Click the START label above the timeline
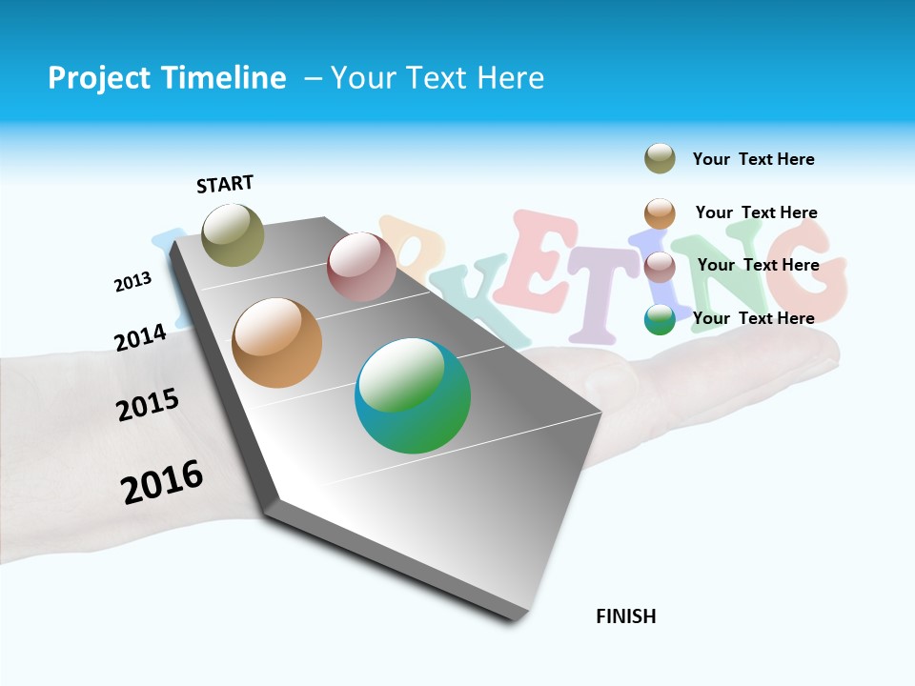(x=225, y=184)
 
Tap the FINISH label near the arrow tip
(x=625, y=616)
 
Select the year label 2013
(x=132, y=282)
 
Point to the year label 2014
(x=140, y=337)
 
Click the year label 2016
(x=162, y=482)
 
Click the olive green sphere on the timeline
(x=234, y=234)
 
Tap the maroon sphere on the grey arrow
(x=361, y=267)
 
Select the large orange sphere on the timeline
(x=277, y=343)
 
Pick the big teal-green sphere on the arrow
(x=413, y=395)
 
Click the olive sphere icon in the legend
(x=660, y=158)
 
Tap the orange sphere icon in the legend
(x=660, y=212)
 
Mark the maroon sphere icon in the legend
(x=660, y=266)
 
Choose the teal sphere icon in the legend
(x=660, y=319)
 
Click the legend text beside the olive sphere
(x=753, y=159)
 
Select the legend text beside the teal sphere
(x=753, y=318)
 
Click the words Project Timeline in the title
(x=167, y=78)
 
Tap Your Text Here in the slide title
(x=437, y=78)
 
